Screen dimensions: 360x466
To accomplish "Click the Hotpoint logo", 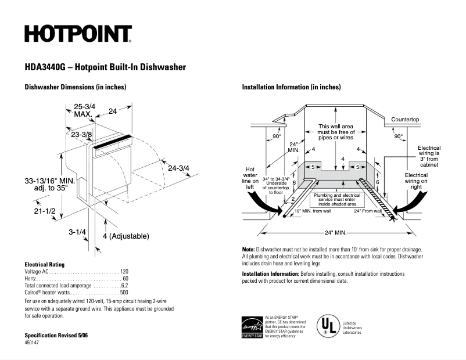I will click(78, 34).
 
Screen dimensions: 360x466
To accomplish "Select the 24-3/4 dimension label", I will click(178, 168).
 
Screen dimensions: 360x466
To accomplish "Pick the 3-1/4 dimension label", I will click(77, 232).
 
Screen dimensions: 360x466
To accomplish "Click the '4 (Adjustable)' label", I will click(126, 236).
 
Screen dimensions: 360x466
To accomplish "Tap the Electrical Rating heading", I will click(44, 264).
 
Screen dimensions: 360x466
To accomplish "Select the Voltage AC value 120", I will click(124, 272).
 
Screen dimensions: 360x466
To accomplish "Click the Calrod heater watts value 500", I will click(124, 293).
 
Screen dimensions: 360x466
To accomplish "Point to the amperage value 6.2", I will click(124, 286).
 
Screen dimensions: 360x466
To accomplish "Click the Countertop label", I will click(405, 120).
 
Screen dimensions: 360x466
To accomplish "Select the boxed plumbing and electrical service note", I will click(336, 199).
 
